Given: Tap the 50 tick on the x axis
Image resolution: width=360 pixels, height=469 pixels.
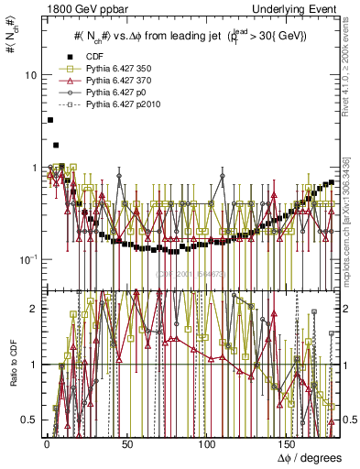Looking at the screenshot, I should click(x=127, y=444).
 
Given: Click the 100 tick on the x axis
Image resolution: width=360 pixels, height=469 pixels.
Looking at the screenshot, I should click(x=208, y=444).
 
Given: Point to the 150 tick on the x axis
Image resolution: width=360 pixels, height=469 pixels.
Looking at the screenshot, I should click(x=289, y=444).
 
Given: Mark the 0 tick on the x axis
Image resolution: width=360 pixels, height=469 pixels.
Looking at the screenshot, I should click(x=47, y=444).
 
